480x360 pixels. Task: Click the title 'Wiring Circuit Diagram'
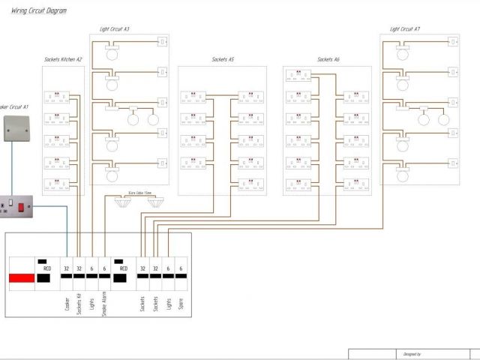(x=39, y=10)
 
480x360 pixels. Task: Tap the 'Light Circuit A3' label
(x=115, y=29)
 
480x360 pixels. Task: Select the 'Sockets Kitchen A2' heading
(x=63, y=59)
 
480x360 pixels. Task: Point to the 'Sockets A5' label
(x=223, y=59)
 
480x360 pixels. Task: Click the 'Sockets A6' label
(x=328, y=59)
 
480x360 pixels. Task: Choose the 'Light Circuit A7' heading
(x=405, y=29)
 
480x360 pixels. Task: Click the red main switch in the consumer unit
(x=22, y=280)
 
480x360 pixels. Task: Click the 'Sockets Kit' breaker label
(x=79, y=307)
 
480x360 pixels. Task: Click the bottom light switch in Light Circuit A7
(x=453, y=162)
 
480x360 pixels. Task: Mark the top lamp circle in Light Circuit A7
(x=403, y=54)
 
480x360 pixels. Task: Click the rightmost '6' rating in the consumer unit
(x=181, y=268)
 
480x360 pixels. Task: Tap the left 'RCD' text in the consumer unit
(x=46, y=268)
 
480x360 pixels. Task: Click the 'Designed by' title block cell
(x=412, y=354)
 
